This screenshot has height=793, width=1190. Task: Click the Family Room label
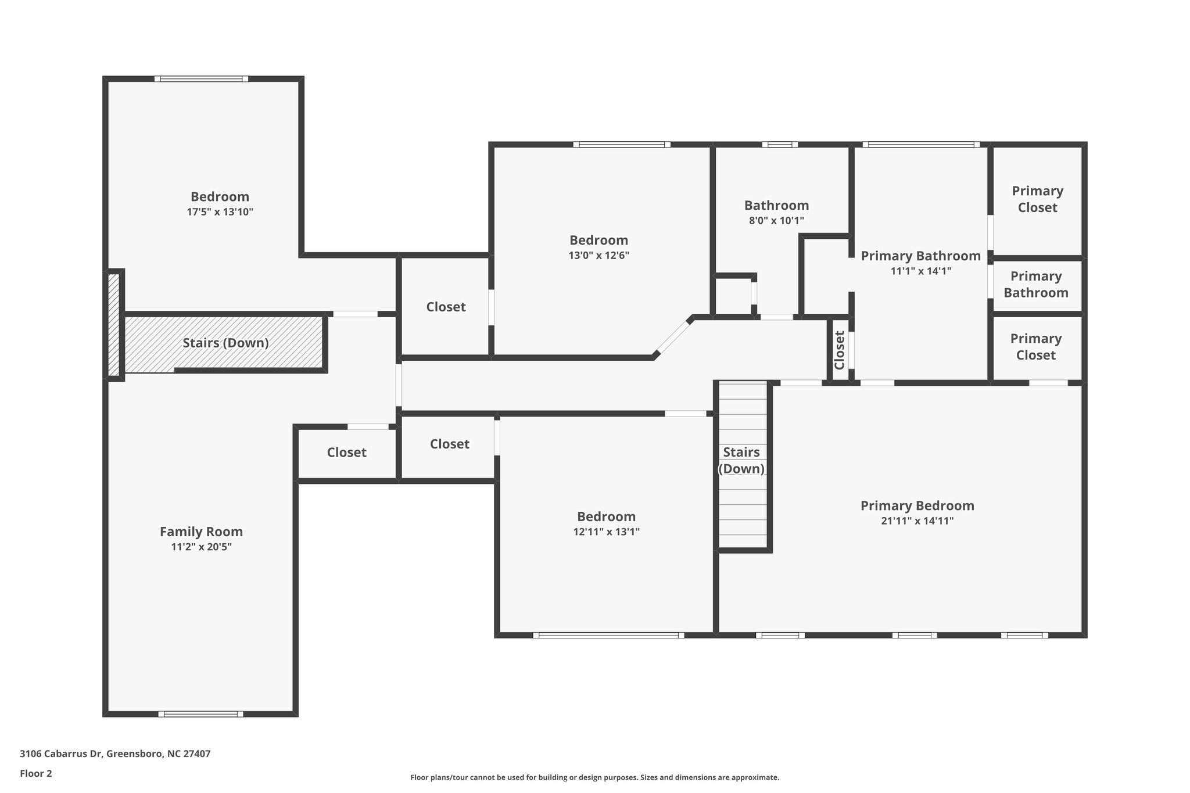(x=201, y=532)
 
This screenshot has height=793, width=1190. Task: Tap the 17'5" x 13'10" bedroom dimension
(x=220, y=212)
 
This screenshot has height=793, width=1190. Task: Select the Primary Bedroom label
(x=917, y=505)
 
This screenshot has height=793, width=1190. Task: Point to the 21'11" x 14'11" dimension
(x=917, y=521)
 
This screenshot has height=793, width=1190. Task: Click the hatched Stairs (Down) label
(x=225, y=343)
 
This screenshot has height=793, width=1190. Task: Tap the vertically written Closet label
(x=840, y=350)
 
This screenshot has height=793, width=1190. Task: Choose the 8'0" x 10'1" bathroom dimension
(x=776, y=221)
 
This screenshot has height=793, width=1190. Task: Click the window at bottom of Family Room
(x=200, y=714)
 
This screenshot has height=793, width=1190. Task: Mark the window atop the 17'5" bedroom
(x=201, y=79)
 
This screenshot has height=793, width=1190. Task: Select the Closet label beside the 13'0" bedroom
(x=446, y=307)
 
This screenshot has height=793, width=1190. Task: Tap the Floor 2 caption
(x=36, y=773)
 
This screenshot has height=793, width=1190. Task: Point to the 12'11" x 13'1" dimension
(x=606, y=532)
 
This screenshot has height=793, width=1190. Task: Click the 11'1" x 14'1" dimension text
(x=920, y=271)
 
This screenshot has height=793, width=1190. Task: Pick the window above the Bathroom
(x=780, y=145)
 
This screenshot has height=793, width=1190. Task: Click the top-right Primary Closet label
(x=1038, y=199)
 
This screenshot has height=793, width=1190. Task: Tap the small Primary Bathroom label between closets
(x=1036, y=285)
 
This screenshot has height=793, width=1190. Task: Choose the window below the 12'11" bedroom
(x=608, y=635)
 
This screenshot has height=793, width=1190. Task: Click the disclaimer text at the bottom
(x=595, y=777)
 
